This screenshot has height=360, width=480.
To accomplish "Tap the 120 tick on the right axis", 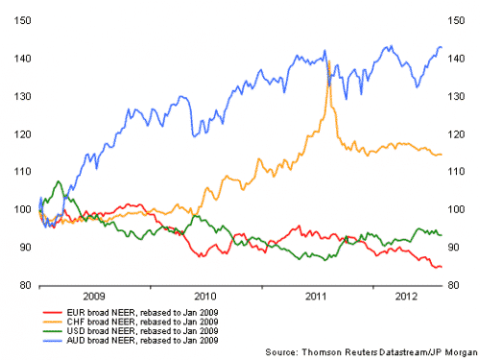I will click(x=459, y=133).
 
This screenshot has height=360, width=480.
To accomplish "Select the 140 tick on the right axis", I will click(x=459, y=59).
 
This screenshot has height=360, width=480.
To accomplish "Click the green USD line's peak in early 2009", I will click(x=60, y=181).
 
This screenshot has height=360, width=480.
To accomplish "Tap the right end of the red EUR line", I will click(x=441, y=267).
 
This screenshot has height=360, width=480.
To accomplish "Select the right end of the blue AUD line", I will click(x=441, y=47).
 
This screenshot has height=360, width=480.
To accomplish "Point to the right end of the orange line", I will click(x=441, y=154).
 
